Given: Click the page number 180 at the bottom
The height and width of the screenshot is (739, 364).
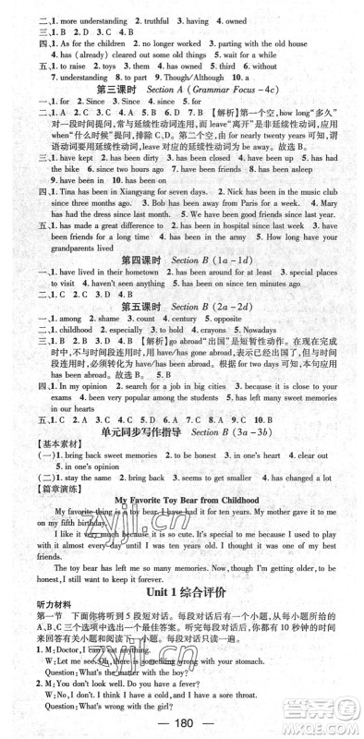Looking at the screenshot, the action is tap(182, 724).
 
